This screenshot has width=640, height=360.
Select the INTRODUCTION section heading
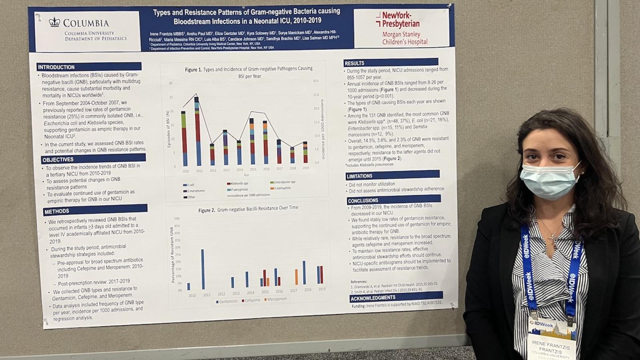pos(56,67)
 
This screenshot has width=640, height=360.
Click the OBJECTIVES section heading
pos(58,160)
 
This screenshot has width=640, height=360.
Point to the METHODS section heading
pos(57,211)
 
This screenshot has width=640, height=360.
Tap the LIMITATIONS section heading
pos(360,176)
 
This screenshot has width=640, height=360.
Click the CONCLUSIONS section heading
pos(363,200)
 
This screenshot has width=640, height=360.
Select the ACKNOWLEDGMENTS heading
pos(373,298)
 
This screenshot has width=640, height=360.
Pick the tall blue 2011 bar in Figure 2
pos(203,269)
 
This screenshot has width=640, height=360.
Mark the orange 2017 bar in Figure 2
pos(296,277)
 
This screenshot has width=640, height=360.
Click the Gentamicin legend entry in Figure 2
pos(227,301)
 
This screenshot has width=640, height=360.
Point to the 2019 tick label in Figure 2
pos(322,289)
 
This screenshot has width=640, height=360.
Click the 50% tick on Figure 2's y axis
pos(177,219)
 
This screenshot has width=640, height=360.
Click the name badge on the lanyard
pos(551,337)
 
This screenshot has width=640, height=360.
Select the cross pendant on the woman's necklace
pos(552,239)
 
